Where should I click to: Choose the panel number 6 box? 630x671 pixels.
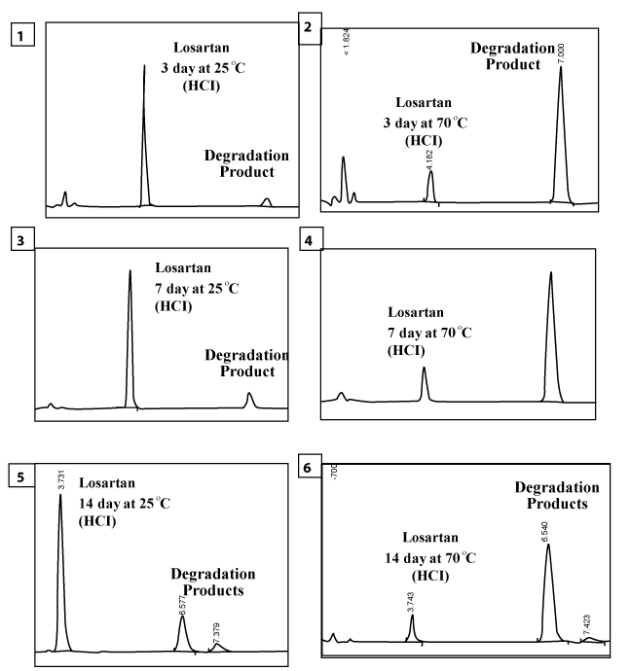pyautogui.click(x=309, y=469)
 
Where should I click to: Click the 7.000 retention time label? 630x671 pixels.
pyautogui.click(x=561, y=53)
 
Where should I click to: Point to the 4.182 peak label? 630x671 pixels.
pyautogui.click(x=429, y=160)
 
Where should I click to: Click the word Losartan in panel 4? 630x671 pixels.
pyautogui.click(x=416, y=313)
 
